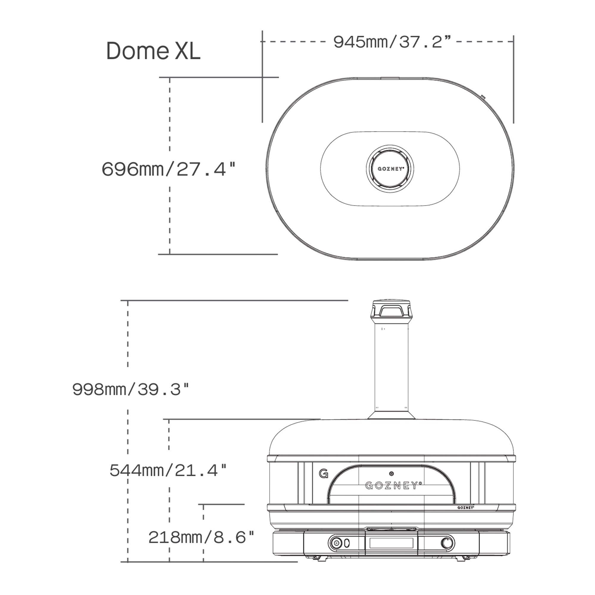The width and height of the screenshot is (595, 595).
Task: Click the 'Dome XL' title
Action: click(153, 51)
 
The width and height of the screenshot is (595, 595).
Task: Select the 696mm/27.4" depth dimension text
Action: click(168, 169)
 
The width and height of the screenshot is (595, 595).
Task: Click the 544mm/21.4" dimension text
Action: click(168, 470)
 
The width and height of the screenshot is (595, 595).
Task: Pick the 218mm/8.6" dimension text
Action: click(201, 537)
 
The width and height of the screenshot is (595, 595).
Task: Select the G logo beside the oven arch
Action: click(323, 473)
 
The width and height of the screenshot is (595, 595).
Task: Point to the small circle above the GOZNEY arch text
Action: click(392, 474)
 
